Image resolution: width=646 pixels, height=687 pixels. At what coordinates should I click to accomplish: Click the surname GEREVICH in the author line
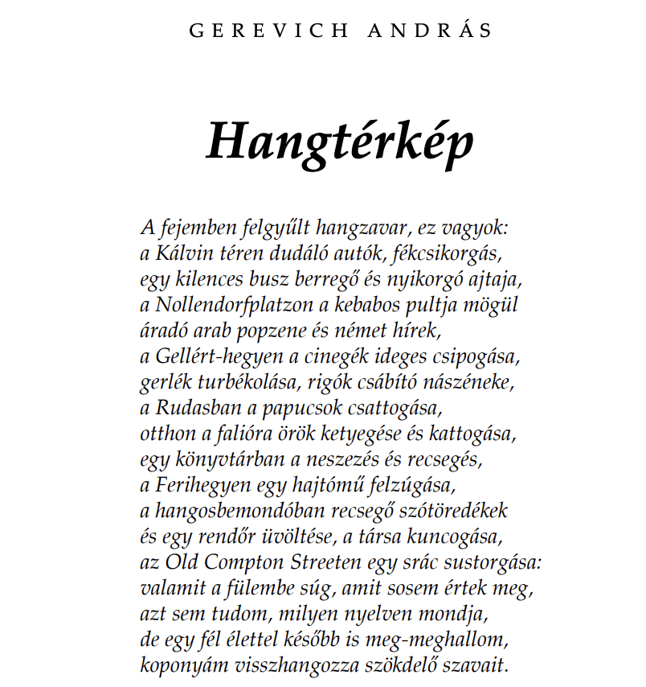[269, 31]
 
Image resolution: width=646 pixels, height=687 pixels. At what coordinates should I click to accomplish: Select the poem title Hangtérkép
[340, 142]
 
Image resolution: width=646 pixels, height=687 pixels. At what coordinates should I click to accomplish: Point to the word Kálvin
[181, 254]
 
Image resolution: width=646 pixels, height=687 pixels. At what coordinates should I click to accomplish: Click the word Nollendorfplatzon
[227, 306]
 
